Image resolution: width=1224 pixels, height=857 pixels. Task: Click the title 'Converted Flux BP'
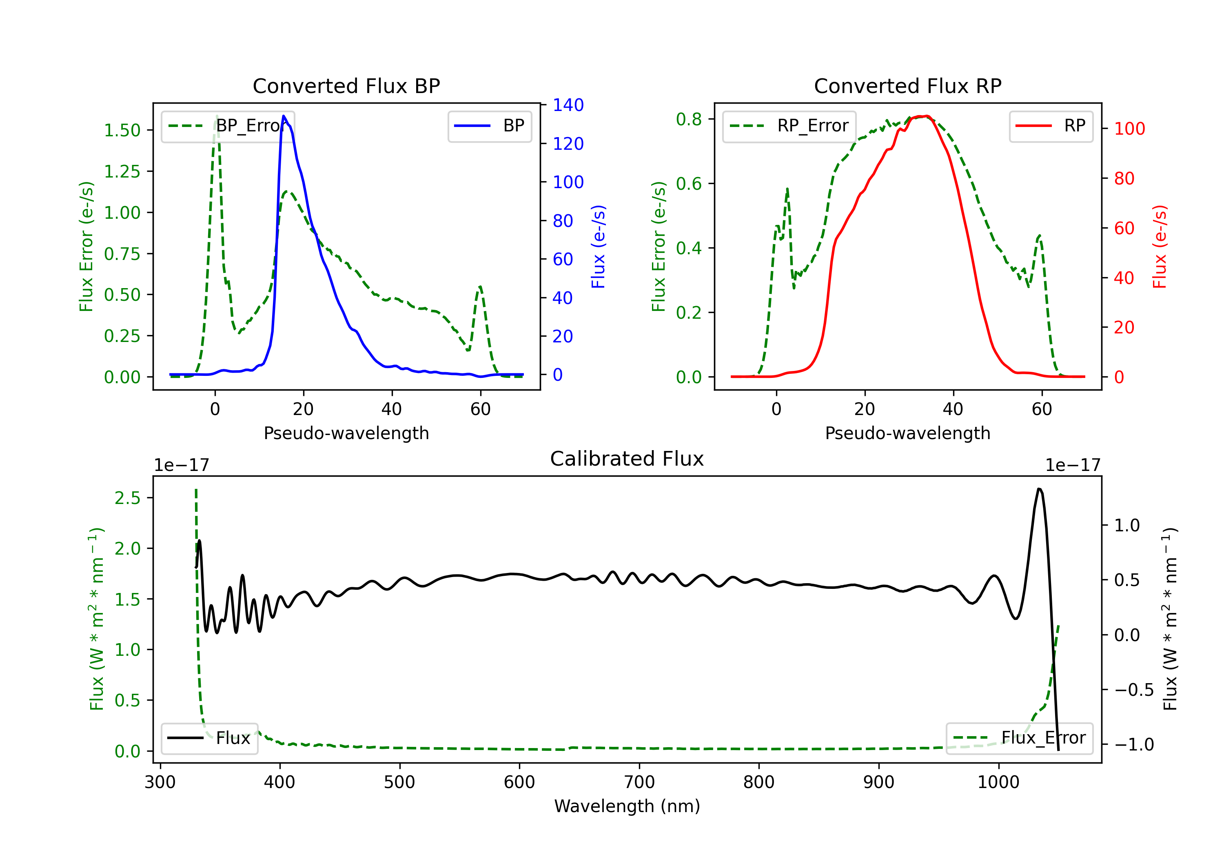pyautogui.click(x=346, y=86)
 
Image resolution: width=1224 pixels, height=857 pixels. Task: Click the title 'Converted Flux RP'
pyautogui.click(x=907, y=86)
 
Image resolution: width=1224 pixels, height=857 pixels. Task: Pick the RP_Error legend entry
pyautogui.click(x=789, y=126)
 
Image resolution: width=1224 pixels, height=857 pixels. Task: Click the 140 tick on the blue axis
pyautogui.click(x=568, y=105)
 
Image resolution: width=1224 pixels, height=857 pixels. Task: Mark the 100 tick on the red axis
pyautogui.click(x=1129, y=129)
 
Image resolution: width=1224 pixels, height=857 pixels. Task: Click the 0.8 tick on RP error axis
pyautogui.click(x=689, y=119)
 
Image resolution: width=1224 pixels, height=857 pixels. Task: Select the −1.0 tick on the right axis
pyautogui.click(x=1133, y=744)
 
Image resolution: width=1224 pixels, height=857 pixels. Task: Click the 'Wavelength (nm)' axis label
pyautogui.click(x=627, y=806)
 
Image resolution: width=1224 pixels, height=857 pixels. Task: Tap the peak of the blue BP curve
pyautogui.click(x=284, y=116)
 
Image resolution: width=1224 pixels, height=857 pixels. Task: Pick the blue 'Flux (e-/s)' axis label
pyautogui.click(x=598, y=246)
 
